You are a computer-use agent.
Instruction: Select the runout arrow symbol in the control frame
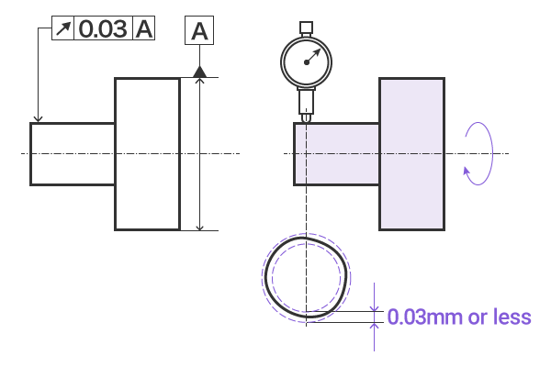point(62,28)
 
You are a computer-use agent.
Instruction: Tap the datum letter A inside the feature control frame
point(144,28)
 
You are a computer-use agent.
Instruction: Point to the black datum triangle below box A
point(199,71)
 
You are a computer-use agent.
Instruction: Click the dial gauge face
point(306,61)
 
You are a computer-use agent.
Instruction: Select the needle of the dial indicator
point(312,56)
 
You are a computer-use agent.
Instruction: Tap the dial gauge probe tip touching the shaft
point(306,118)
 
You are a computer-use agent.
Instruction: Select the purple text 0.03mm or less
point(458,317)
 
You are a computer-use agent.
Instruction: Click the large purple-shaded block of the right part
point(412,153)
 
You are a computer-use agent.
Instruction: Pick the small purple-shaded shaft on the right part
point(336,153)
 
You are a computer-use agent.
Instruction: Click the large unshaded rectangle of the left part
point(147,153)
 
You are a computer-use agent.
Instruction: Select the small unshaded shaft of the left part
point(73,153)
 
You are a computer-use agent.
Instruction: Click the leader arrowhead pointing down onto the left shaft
point(38,117)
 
